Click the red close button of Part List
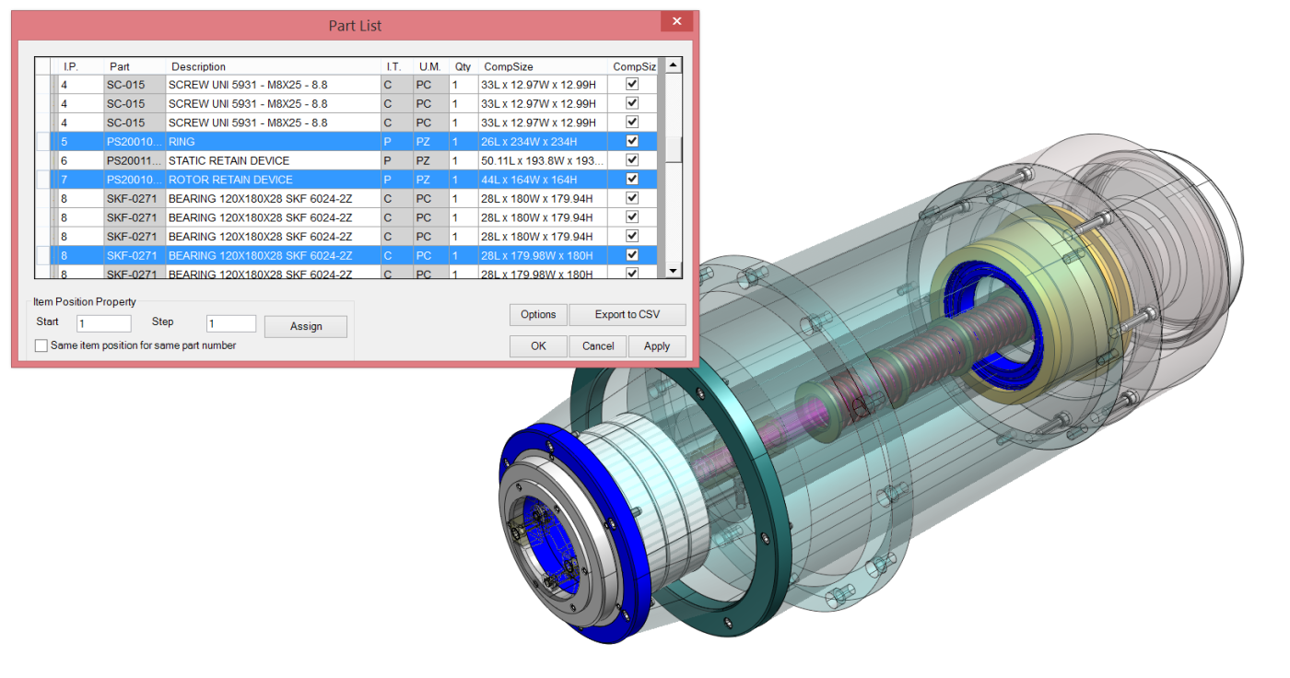[677, 22]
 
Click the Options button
[538, 315]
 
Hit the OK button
[538, 346]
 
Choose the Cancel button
[598, 346]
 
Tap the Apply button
[657, 346]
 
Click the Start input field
[104, 323]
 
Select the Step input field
[230, 323]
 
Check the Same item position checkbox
[41, 346]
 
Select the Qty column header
[463, 66]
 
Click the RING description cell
[274, 142]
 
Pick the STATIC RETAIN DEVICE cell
[274, 161]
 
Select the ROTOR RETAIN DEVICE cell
[274, 180]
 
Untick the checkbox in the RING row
[632, 142]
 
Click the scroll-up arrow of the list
[674, 65]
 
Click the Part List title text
[355, 26]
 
